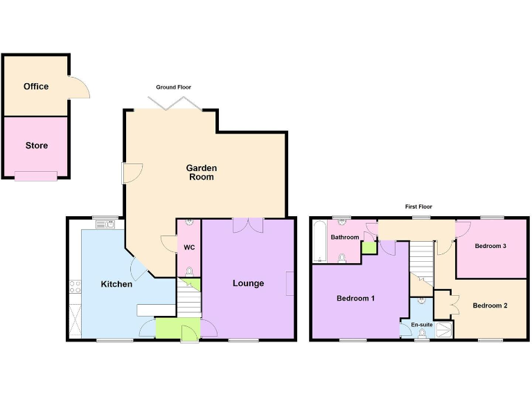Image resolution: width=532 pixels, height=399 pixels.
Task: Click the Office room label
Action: [x=36, y=87]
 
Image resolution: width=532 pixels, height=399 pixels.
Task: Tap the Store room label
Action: [x=37, y=145]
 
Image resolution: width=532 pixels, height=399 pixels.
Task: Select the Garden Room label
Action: [x=201, y=172]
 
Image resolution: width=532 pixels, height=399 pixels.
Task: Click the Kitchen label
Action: [x=116, y=284]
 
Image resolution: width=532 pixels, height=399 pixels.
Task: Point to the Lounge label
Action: [x=248, y=283]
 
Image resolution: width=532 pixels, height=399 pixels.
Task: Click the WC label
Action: [x=189, y=247]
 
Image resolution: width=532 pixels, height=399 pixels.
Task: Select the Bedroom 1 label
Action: [x=355, y=299]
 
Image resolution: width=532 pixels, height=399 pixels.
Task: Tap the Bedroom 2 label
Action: [x=490, y=305]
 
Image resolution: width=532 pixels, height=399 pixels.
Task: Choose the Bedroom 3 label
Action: [x=490, y=246]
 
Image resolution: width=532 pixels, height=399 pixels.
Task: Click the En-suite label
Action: [x=422, y=324]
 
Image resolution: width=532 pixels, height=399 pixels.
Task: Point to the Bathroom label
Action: [x=344, y=238]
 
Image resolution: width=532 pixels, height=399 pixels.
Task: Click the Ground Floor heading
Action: [x=173, y=87]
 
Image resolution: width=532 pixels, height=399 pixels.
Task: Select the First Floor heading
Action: [x=419, y=206]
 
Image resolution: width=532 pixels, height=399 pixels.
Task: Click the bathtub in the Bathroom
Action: [x=319, y=241]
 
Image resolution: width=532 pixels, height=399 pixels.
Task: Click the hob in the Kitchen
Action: [x=75, y=286]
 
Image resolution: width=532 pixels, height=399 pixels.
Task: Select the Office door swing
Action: [x=79, y=87]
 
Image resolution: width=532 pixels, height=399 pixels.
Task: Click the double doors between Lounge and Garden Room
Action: [x=248, y=225]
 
